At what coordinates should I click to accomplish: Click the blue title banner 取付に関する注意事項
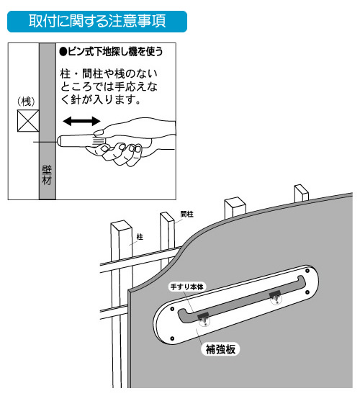click(x=97, y=22)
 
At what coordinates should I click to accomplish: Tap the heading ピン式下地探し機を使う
click(x=111, y=52)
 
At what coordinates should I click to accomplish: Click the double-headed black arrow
click(x=81, y=121)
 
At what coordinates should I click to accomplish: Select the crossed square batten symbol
click(x=28, y=121)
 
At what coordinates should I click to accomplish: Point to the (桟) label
click(x=26, y=102)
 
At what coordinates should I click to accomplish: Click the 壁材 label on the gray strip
click(x=47, y=176)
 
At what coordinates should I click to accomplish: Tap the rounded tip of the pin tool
click(x=60, y=141)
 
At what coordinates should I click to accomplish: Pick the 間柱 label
click(x=187, y=214)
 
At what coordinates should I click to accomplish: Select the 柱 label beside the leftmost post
click(x=140, y=237)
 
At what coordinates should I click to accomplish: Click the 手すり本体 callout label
click(x=187, y=287)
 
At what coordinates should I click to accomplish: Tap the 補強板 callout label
click(x=220, y=349)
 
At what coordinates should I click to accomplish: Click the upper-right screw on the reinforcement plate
click(x=307, y=271)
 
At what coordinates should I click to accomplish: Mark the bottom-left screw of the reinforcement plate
click(x=172, y=338)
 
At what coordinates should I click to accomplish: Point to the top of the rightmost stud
click(x=302, y=189)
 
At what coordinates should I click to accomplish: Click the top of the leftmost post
click(x=121, y=225)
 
